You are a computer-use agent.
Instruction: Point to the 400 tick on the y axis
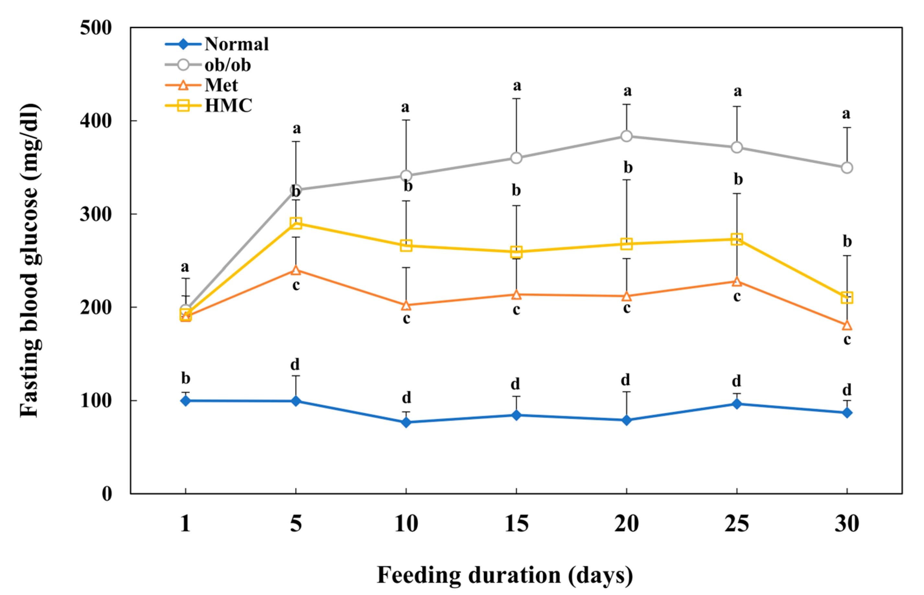(95, 121)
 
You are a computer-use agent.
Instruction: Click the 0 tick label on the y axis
(107, 494)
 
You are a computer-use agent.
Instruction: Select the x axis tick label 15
(516, 524)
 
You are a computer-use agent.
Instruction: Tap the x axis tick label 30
(847, 524)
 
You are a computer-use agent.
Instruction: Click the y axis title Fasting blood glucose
(30, 261)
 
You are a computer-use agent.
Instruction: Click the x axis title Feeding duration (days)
(504, 575)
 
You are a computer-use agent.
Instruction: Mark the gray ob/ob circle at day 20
(627, 136)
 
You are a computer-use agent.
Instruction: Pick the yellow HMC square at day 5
(296, 223)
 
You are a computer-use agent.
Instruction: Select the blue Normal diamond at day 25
(737, 404)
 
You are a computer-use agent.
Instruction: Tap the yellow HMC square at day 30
(847, 298)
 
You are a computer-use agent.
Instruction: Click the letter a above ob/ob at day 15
(517, 86)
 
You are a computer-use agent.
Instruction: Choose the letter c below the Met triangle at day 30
(847, 340)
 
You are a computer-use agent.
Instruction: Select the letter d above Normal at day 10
(406, 398)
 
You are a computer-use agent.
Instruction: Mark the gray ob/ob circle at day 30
(847, 168)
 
